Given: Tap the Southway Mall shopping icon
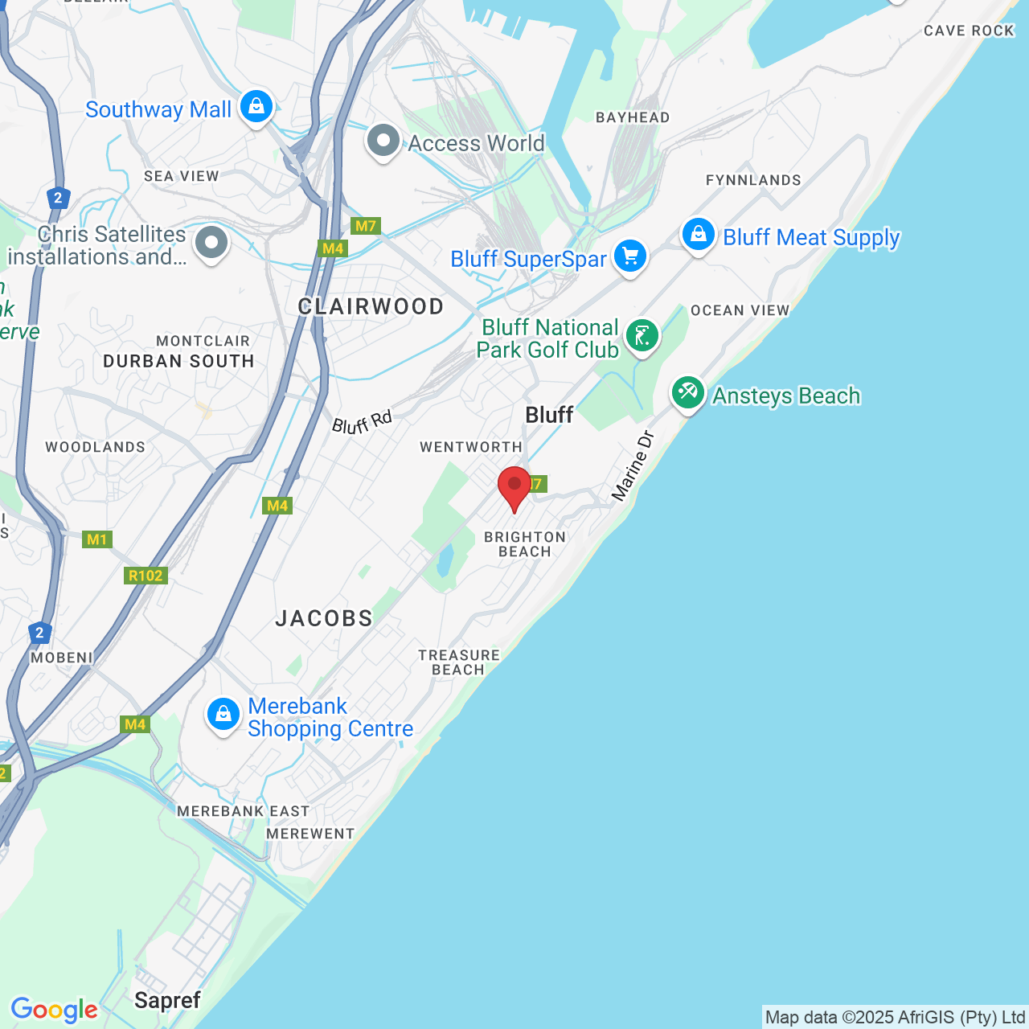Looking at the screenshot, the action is pos(256,106).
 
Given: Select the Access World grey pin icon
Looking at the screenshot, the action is pos(383,141).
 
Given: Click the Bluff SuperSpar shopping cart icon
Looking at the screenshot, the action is pos(630,256).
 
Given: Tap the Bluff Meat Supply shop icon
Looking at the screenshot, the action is pos(699,235).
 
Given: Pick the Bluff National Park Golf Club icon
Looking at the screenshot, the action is pos(642,336).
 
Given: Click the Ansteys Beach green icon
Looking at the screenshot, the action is pos(688,393).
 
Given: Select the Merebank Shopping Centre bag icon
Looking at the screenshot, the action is pos(223,714).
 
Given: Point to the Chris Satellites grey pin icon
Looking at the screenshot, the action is pos(211,242).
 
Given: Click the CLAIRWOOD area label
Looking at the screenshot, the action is pos(371,306).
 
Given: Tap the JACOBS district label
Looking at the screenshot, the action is pos(324,618).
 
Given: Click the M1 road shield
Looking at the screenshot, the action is pos(97,539).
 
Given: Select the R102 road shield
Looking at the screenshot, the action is pos(146,576).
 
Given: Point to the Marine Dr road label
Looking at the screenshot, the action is pos(633,467).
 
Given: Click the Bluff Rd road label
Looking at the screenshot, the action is pos(363,422).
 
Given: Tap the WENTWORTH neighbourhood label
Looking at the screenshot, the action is pos(471,447).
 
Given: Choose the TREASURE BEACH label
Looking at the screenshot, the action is pos(459,662).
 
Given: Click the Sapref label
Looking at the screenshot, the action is pos(167,1000).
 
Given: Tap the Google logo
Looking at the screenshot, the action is pos(54,1010).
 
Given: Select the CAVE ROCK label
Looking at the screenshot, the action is pos(969,31).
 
